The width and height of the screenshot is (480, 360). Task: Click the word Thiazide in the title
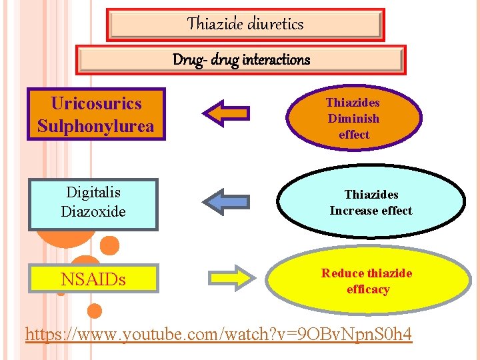[215, 24]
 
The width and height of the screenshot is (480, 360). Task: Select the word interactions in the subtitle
[276, 60]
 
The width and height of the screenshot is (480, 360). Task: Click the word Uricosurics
[96, 103]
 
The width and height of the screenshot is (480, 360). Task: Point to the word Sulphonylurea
[96, 126]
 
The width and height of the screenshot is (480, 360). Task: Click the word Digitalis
[93, 193]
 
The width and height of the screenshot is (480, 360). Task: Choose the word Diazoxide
[93, 211]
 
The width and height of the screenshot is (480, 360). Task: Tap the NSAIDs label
[93, 279]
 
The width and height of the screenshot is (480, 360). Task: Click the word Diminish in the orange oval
[353, 119]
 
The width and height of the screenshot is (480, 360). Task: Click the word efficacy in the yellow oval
[368, 289]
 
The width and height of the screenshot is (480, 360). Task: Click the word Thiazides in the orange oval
[353, 103]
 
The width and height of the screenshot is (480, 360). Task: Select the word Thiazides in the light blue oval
[371, 195]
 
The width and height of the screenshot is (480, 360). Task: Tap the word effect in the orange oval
[353, 135]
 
